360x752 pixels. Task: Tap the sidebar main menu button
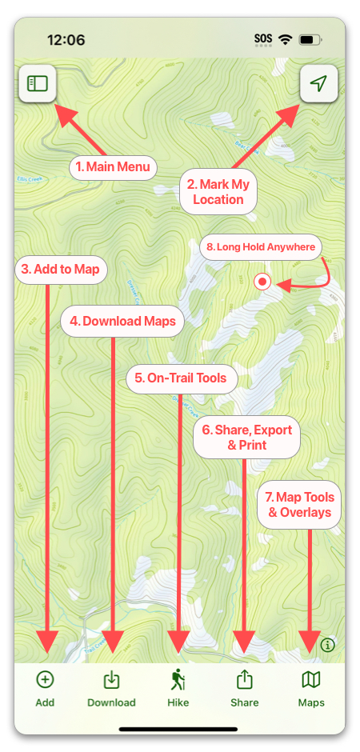point(38,83)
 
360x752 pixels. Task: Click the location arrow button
point(318,83)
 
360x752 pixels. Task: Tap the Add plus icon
point(46,680)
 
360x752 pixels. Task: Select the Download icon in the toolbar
point(112,680)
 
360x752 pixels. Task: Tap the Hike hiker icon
point(178,680)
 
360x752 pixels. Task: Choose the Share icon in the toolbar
point(245,680)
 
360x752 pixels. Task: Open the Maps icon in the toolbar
point(310,680)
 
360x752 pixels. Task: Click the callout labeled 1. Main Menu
point(113,167)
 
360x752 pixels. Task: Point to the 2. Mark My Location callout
point(218,192)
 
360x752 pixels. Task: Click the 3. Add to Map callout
point(61,269)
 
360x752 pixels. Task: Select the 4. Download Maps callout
point(122,322)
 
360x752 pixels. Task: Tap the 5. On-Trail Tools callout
point(182,378)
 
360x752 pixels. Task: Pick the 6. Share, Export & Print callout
point(247,437)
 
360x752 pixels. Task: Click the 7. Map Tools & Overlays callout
point(299,505)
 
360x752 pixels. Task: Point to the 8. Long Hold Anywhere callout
point(260,247)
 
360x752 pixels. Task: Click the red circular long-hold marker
point(262,282)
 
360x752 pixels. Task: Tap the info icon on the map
point(327,645)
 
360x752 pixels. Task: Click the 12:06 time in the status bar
point(66,39)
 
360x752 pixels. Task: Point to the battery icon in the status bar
point(309,39)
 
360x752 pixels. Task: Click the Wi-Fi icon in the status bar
point(285,39)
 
